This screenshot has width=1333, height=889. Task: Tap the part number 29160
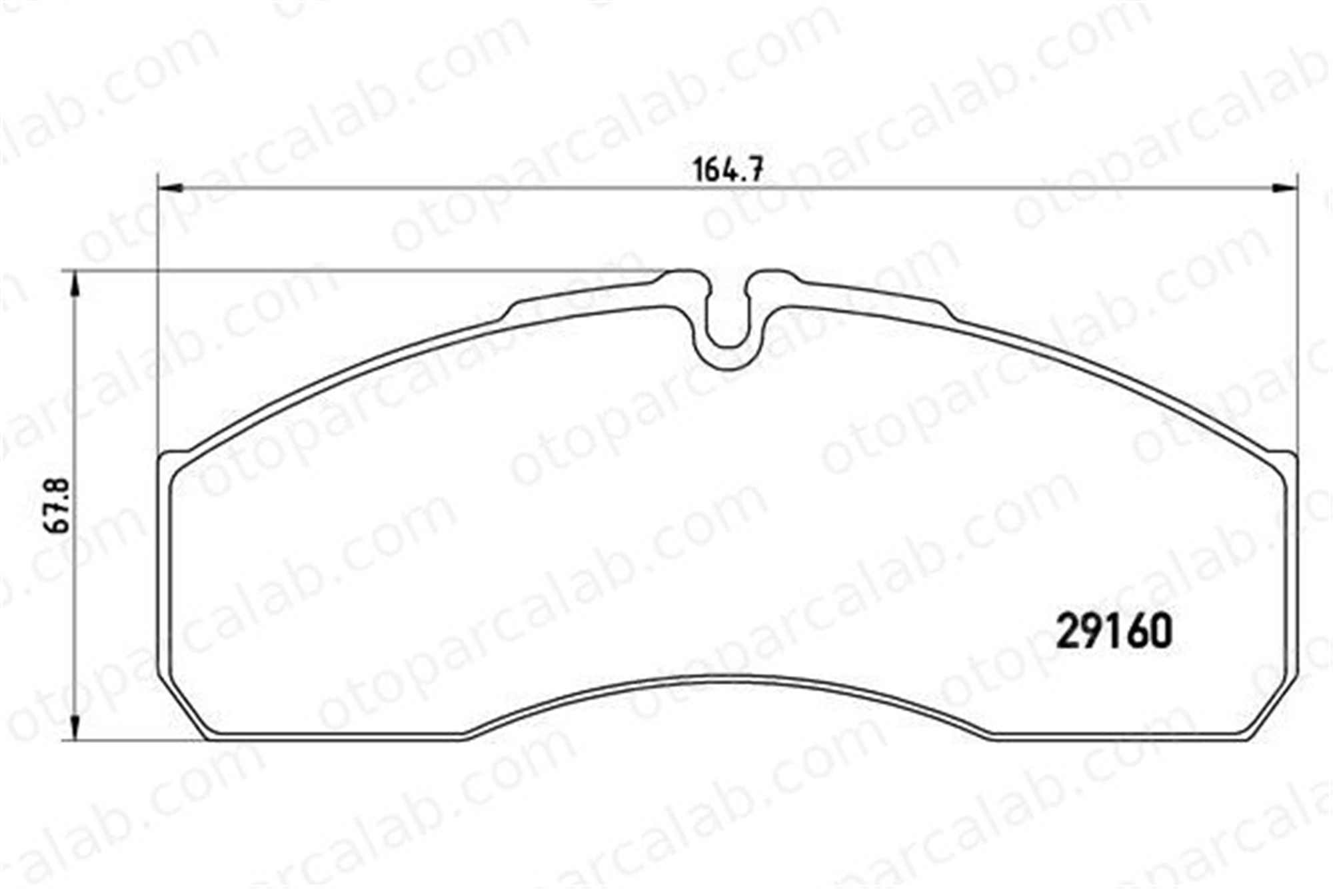coord(1114,632)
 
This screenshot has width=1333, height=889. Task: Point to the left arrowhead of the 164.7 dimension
coord(169,189)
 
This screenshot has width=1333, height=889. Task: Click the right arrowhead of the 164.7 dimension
coord(1286,189)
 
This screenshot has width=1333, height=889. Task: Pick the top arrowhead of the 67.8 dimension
coord(75,283)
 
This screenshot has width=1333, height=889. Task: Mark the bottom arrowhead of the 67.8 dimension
coord(75,728)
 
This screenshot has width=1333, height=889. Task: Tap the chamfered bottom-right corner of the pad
coord(1274,707)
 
